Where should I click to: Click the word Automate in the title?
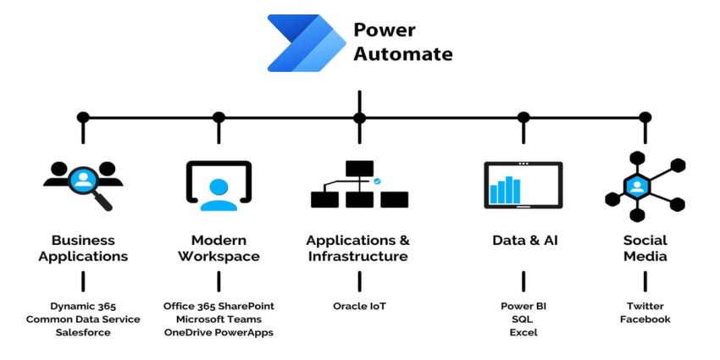pyautogui.click(x=402, y=54)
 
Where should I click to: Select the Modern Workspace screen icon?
pyautogui.click(x=219, y=185)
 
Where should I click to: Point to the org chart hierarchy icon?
pyautogui.click(x=359, y=185)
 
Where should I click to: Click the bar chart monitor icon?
pyautogui.click(x=523, y=185)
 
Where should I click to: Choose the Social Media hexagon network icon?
pyautogui.click(x=644, y=185)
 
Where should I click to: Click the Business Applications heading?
pyautogui.click(x=83, y=248)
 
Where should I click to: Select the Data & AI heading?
pyautogui.click(x=523, y=241)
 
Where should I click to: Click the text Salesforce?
pyautogui.click(x=83, y=333)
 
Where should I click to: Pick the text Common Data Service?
pyautogui.click(x=83, y=319)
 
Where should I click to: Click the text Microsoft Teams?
pyautogui.click(x=219, y=319)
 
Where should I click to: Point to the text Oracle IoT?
pyautogui.click(x=359, y=306)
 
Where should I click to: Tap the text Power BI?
pyautogui.click(x=523, y=306)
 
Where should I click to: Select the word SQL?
pyautogui.click(x=523, y=319)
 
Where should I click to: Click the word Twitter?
pyautogui.click(x=645, y=306)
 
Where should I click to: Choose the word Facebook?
pyautogui.click(x=645, y=319)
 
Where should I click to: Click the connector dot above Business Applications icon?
pyautogui.click(x=83, y=117)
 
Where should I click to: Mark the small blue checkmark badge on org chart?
pyautogui.click(x=377, y=180)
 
